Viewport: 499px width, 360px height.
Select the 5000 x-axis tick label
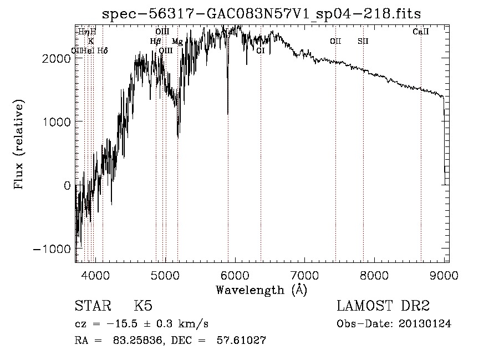(165, 275)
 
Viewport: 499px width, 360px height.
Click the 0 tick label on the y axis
(67, 185)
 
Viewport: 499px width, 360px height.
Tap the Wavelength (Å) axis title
(262, 290)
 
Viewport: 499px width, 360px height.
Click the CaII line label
(421, 32)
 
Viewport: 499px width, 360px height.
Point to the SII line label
(363, 41)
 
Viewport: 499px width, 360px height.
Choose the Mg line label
(177, 42)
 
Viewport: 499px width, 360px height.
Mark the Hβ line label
(155, 41)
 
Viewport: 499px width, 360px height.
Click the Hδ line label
(103, 50)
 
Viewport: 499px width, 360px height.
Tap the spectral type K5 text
(143, 307)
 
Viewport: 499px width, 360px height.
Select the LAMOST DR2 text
(384, 307)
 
